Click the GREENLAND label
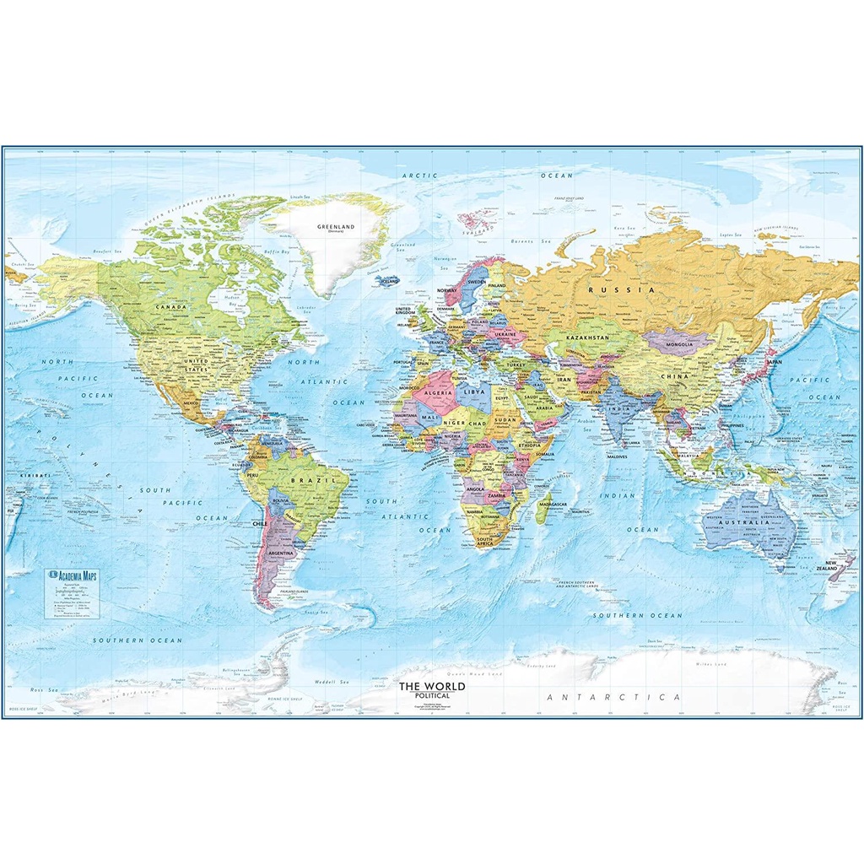point(334,227)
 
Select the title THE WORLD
point(431,686)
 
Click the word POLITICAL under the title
point(431,696)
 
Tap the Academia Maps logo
point(75,575)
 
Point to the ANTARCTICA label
point(613,698)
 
